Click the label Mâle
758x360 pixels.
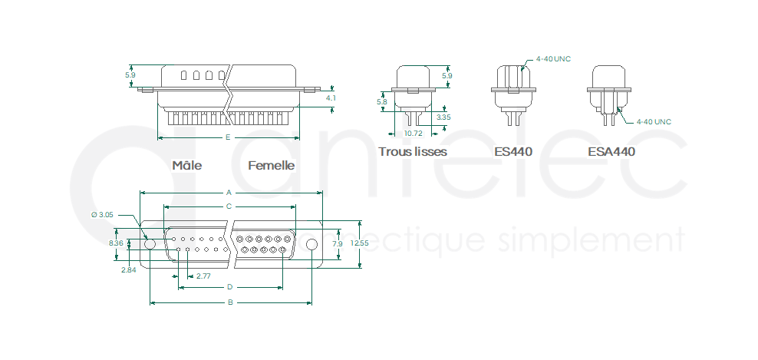pos(187,165)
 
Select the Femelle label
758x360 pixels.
pos(271,166)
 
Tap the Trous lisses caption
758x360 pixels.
pos(413,151)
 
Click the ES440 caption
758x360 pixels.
pos(513,151)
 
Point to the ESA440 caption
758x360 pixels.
pos(611,151)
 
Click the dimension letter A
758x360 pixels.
pos(229,193)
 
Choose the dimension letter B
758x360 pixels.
pos(231,303)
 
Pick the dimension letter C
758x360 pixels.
pos(229,206)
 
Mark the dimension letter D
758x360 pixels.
pos(230,287)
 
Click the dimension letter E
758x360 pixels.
pos(228,137)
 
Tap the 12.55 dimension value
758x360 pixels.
pos(360,243)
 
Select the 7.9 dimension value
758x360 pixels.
pos(338,244)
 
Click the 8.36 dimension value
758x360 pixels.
pos(116,243)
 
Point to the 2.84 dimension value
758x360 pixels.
pos(129,270)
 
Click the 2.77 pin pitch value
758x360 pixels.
pos(203,276)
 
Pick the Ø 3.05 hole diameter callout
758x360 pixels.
pos(103,215)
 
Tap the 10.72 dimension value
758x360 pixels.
pos(413,133)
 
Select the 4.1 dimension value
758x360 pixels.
pos(331,97)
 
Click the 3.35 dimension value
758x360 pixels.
pos(443,117)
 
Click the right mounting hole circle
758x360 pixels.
pos(312,244)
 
